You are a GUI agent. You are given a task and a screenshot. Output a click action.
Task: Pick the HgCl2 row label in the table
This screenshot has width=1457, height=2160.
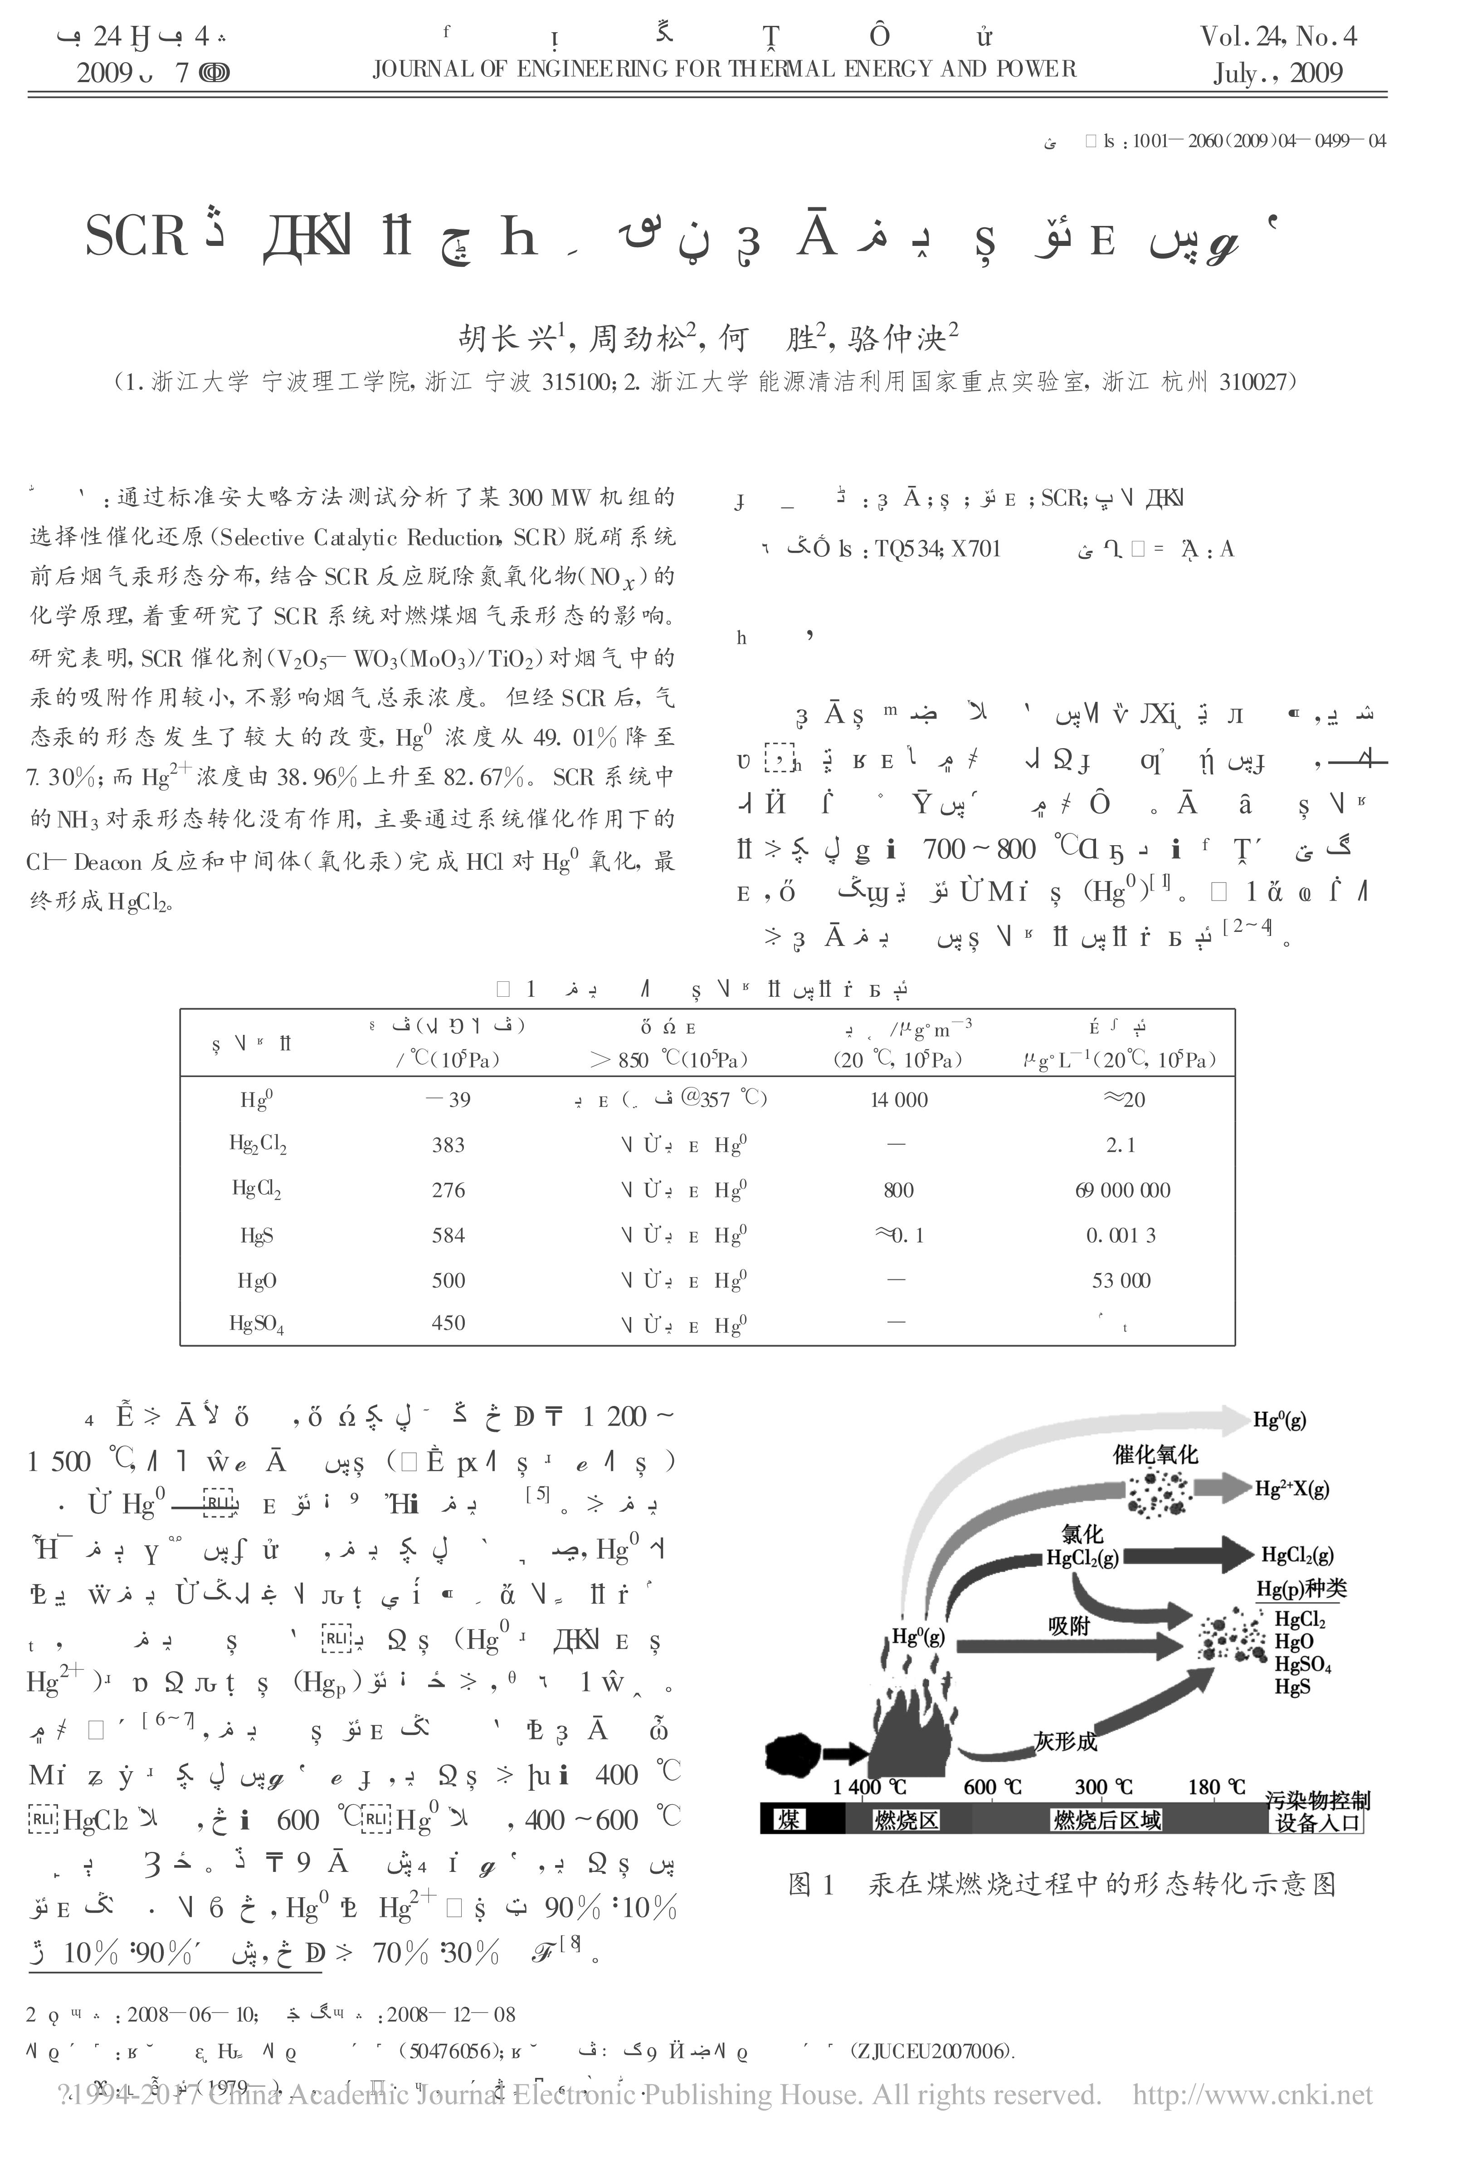pyautogui.click(x=257, y=1190)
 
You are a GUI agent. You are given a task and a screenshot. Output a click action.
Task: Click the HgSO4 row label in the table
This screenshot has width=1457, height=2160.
pyautogui.click(x=257, y=1324)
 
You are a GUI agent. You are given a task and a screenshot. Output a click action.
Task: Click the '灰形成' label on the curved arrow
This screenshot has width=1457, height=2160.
pyautogui.click(x=1066, y=1742)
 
